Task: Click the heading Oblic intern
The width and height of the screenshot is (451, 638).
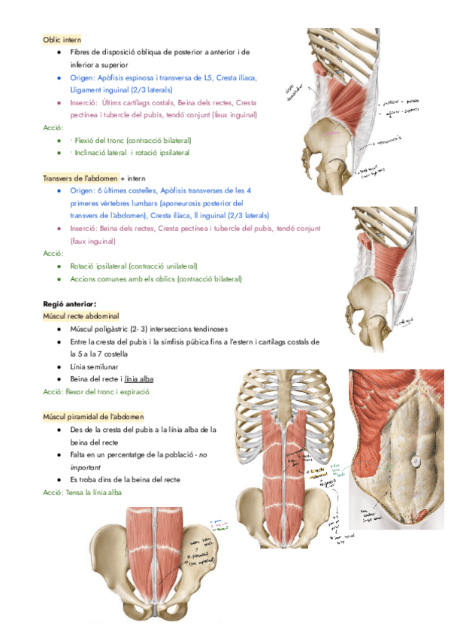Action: [62, 39]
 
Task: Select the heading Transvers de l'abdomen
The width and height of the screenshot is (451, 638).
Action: [80, 178]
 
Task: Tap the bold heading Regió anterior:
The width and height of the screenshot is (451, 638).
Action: [71, 304]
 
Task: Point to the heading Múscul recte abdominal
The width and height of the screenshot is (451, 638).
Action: [80, 317]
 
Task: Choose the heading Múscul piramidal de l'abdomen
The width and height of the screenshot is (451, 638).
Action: [93, 416]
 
